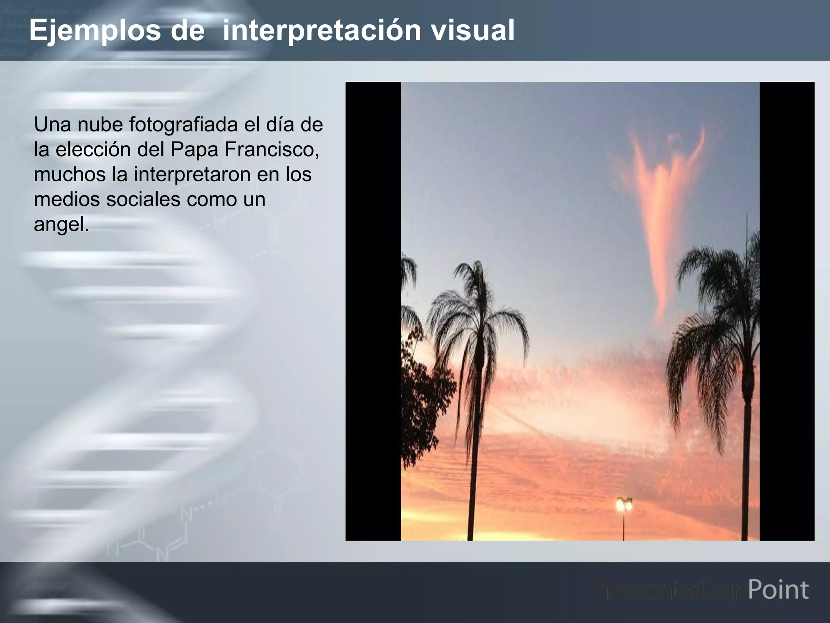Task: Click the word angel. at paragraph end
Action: (61, 224)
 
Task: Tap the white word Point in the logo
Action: (778, 590)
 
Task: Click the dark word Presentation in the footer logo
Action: (668, 590)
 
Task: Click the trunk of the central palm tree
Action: (475, 446)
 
